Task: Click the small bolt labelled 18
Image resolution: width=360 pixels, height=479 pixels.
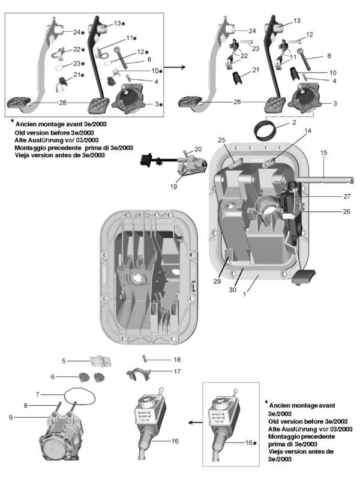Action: (143, 358)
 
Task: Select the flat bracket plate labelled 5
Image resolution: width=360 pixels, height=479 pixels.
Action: (98, 362)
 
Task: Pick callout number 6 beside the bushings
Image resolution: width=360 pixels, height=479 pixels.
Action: (53, 376)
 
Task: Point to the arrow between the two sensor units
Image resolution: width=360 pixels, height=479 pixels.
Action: (190, 423)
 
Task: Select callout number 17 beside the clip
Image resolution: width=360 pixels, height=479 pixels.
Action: (176, 372)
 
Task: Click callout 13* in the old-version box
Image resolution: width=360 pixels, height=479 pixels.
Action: (118, 23)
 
